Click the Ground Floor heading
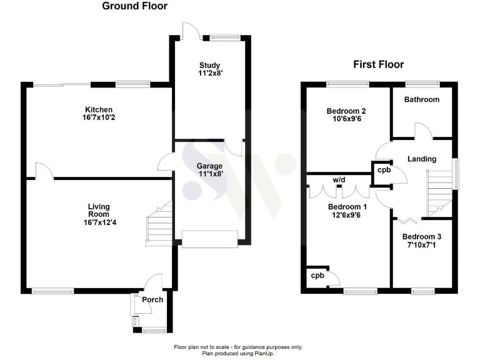pos(135,7)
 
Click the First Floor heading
pos(378,64)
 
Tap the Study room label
pos(210,65)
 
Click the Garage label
pos(210,166)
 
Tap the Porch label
pos(152,299)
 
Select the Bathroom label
pos(421,99)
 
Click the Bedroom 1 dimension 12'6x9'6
pos(347,216)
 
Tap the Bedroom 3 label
pos(421,237)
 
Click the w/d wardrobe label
pos(339,180)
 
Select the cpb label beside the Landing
pos(381,170)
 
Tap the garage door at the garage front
pos(209,238)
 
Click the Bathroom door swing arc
pos(422,129)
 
